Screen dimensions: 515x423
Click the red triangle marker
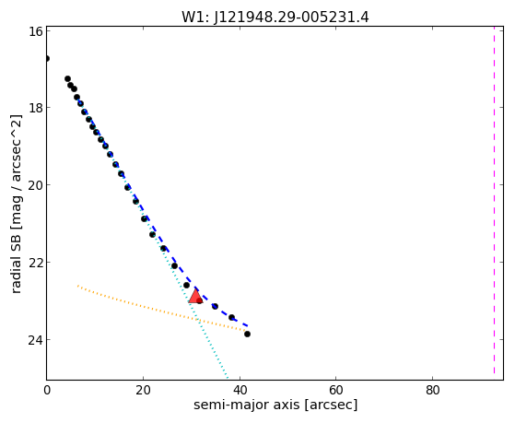click(x=195, y=297)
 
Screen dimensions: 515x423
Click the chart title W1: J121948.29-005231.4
click(x=275, y=17)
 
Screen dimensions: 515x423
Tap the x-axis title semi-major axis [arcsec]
click(x=275, y=405)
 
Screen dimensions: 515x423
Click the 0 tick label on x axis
click(x=47, y=390)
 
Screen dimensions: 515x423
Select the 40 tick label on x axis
click(x=240, y=390)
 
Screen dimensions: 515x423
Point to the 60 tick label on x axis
click(x=336, y=390)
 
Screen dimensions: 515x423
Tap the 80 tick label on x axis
click(x=433, y=390)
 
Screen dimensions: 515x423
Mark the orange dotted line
click(x=161, y=308)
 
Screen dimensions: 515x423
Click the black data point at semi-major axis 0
click(x=47, y=58)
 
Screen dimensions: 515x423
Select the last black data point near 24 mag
click(x=247, y=334)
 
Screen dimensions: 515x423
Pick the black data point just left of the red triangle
click(x=186, y=285)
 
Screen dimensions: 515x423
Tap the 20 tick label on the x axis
click(x=143, y=390)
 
